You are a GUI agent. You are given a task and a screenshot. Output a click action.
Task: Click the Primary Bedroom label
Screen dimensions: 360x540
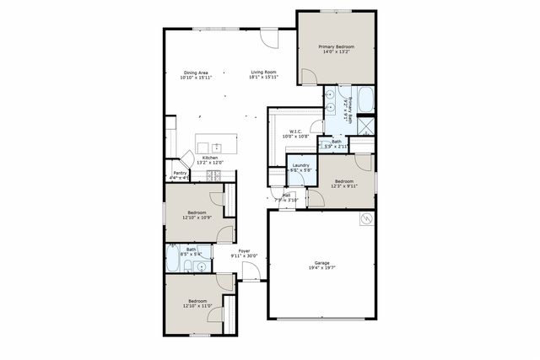[x=336, y=46]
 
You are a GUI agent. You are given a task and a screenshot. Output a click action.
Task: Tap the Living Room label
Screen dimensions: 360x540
[x=264, y=73]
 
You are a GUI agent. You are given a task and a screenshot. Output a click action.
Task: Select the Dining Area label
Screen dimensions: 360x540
[x=196, y=73]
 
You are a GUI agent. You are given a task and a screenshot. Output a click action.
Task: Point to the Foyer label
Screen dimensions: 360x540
[x=244, y=250]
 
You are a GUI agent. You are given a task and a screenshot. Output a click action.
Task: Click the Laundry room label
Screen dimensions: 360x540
[x=301, y=165]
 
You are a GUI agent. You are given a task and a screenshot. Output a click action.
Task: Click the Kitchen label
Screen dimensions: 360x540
[x=209, y=158]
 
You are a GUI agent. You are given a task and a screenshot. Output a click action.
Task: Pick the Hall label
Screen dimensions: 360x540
[x=287, y=195]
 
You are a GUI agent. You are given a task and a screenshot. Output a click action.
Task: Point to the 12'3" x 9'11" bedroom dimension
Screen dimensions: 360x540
[x=344, y=185]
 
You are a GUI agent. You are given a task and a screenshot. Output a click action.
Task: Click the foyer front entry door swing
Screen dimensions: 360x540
[x=251, y=271]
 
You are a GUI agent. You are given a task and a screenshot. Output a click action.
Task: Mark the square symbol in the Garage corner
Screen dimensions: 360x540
[x=366, y=220]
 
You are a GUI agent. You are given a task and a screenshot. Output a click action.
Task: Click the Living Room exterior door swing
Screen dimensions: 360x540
[x=269, y=39]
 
